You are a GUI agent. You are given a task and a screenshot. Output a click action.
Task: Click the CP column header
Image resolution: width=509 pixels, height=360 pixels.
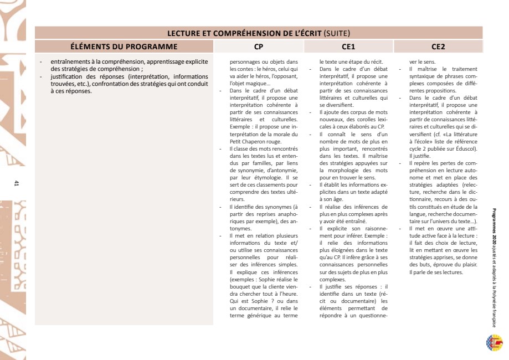[258, 46]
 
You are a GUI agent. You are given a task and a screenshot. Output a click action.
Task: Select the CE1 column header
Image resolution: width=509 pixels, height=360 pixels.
[348, 46]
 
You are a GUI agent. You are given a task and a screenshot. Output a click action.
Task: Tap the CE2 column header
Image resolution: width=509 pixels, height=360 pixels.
[438, 46]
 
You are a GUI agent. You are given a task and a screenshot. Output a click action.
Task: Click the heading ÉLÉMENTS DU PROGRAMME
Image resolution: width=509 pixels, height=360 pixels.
[124, 46]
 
